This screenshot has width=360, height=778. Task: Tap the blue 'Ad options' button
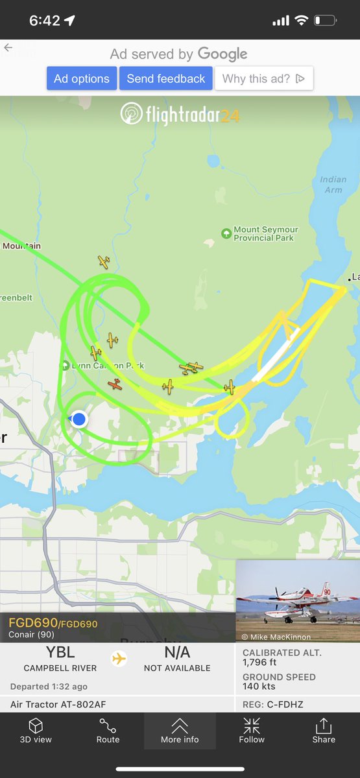pos(82,78)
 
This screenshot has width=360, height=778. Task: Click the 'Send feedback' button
pos(166,78)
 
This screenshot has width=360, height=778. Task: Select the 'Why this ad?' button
pos(263,78)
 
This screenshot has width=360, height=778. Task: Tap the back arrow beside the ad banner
pos(8,48)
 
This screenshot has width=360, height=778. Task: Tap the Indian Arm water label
pos(333,184)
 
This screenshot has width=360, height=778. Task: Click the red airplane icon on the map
pos(115,384)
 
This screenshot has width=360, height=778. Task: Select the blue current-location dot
pos(79,419)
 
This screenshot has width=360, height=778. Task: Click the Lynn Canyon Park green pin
pos(65,366)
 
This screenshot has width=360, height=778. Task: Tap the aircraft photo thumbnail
pos(297,601)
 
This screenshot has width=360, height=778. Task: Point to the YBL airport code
pos(60,653)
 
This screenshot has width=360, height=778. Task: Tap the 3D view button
pos(36,730)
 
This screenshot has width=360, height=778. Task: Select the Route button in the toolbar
pos(108,730)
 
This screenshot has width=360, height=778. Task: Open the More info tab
pos(180,730)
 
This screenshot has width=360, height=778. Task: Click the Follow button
pos(252,730)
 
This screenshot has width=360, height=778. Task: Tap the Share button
pos(324,730)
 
